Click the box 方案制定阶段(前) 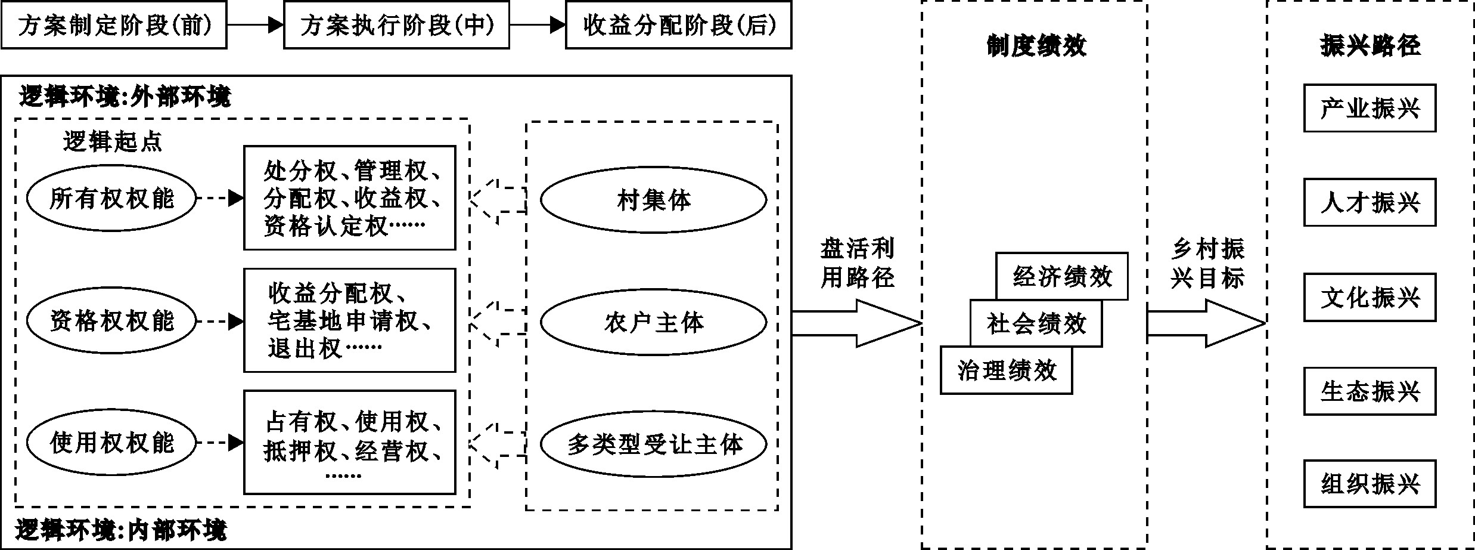[x=114, y=25]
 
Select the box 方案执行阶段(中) [x=396, y=25]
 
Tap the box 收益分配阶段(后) [x=678, y=25]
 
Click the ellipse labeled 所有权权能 [x=111, y=198]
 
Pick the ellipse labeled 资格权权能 [x=111, y=321]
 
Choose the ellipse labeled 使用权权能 [x=111, y=443]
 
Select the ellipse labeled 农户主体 [x=653, y=322]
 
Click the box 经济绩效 [x=1062, y=276]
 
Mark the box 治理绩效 [x=1006, y=370]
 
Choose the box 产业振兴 [x=1370, y=108]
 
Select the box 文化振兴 [x=1370, y=297]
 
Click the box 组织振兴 [x=1370, y=484]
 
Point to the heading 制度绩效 [x=1036, y=45]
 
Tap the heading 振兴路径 [x=1370, y=45]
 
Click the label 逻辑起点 [x=112, y=141]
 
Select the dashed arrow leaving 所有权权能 [x=219, y=198]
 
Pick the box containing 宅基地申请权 [x=350, y=320]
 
